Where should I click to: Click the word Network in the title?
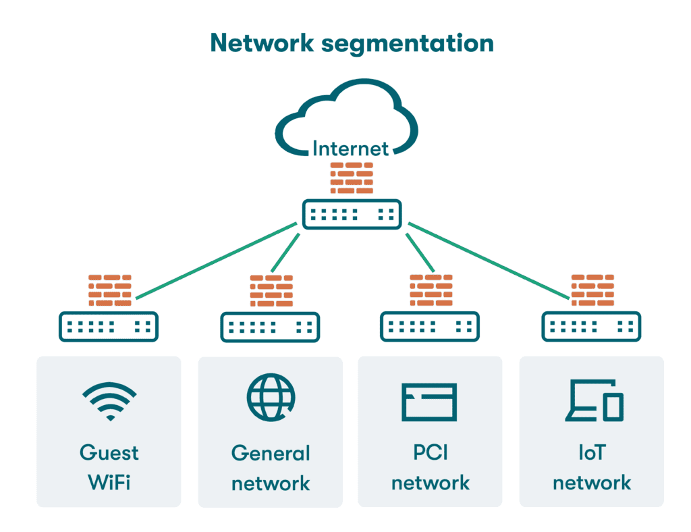click(262, 43)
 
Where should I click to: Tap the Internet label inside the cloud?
click(350, 148)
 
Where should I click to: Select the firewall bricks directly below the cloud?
click(351, 178)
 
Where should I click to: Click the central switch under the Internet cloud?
click(352, 215)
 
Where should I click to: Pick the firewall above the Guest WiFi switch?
click(109, 290)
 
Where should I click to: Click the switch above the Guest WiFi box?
click(109, 327)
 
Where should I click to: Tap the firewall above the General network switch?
click(271, 291)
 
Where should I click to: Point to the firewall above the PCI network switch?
click(431, 290)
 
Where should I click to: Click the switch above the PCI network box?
click(430, 327)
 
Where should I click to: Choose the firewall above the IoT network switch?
click(592, 290)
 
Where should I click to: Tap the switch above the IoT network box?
click(592, 327)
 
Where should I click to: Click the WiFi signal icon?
click(109, 402)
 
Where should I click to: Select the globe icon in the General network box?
click(271, 396)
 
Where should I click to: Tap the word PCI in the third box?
click(431, 452)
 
